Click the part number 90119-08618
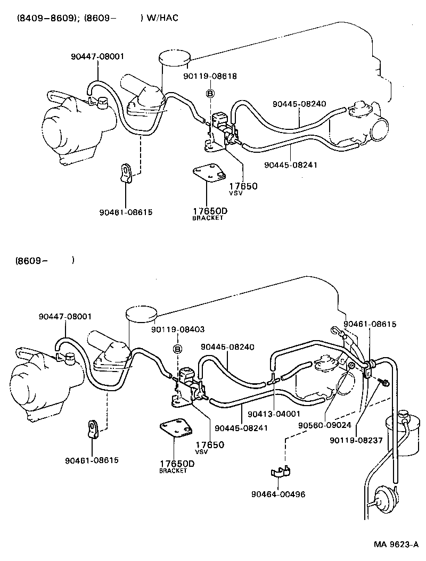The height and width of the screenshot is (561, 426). click(x=210, y=76)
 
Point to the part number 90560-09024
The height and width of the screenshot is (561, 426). click(x=324, y=425)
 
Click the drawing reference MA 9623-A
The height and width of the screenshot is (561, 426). click(x=395, y=544)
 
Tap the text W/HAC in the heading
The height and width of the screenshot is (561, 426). click(x=162, y=18)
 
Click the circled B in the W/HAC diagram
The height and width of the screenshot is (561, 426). click(x=210, y=94)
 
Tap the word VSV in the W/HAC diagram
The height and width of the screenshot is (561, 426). click(x=236, y=194)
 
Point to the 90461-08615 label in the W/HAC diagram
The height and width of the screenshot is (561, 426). click(x=126, y=211)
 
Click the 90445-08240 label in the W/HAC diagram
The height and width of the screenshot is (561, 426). click(x=299, y=104)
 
